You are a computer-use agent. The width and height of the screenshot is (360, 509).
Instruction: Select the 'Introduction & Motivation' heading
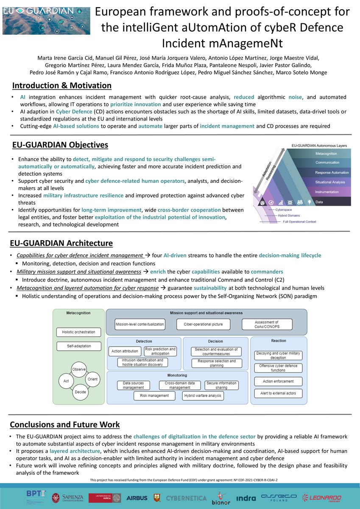62,86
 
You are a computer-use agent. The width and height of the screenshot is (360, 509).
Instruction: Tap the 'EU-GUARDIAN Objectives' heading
60,145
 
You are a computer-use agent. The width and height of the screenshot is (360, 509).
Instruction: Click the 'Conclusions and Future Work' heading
65,425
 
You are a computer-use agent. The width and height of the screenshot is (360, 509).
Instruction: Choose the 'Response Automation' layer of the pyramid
332,172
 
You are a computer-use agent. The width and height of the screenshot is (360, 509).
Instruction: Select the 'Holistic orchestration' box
79,332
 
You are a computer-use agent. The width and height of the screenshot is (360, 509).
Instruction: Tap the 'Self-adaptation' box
79,346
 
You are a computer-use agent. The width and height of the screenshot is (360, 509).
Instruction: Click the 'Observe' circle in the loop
79,369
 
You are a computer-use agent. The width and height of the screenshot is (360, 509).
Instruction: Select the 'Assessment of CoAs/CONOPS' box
266,325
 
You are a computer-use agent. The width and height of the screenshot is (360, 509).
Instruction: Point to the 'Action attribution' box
125,351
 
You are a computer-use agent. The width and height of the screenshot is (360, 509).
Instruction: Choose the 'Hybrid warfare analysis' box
203,395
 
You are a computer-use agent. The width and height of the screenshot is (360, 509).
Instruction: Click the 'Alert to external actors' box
279,393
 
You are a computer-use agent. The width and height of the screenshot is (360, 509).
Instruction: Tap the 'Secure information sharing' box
221,385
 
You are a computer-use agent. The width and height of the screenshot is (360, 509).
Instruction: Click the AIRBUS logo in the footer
137,498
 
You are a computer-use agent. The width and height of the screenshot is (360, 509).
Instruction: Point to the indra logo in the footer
246,498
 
